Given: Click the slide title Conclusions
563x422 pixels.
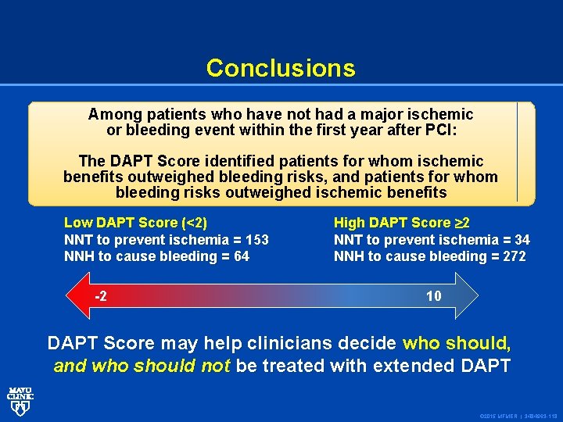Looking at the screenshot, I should [x=281, y=68].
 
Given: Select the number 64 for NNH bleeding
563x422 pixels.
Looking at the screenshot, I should [x=241, y=256].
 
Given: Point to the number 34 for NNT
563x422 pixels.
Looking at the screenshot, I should [x=522, y=240].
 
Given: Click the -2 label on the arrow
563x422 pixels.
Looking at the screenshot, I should [x=101, y=296].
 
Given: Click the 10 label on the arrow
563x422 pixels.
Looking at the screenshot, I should [x=433, y=296].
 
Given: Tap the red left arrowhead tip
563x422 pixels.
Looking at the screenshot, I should [x=70, y=296].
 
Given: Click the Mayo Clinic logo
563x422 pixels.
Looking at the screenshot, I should [x=20, y=400].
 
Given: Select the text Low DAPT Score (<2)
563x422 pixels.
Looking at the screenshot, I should [x=135, y=223].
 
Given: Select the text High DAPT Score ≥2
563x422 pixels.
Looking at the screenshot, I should [x=402, y=223].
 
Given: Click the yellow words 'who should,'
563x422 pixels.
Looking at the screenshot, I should [x=457, y=343].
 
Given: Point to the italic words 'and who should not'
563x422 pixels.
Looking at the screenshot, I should [x=142, y=365].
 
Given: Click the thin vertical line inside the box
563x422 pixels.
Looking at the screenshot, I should [x=517, y=152].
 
